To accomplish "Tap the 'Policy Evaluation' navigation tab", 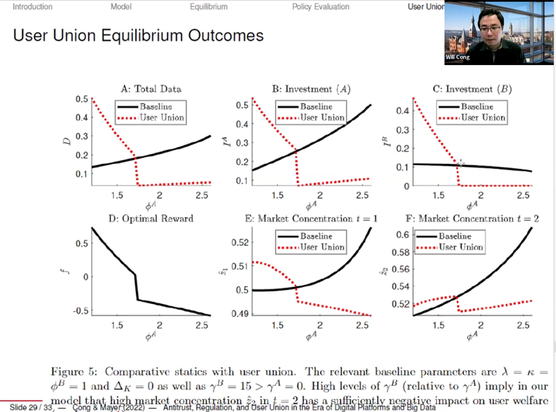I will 320,7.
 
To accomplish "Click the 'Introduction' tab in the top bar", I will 33,7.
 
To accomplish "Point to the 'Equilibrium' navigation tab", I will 209,7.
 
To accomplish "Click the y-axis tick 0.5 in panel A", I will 82,99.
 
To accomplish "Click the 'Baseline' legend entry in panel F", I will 454,236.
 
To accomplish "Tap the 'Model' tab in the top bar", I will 121,7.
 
